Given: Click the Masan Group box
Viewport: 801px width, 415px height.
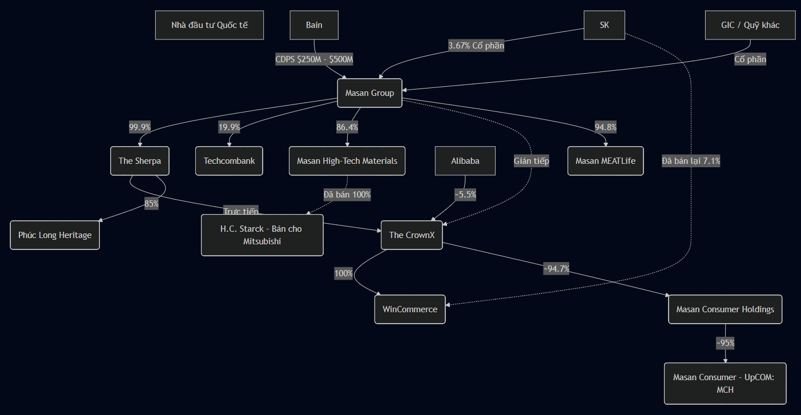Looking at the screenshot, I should click(369, 93).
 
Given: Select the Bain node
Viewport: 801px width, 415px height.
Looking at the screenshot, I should click(314, 25).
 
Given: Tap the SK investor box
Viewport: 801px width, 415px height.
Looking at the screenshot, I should click(604, 25).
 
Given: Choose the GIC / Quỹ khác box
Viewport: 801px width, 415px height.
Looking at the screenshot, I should click(750, 25).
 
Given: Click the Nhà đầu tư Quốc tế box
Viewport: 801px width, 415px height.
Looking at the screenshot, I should click(210, 25).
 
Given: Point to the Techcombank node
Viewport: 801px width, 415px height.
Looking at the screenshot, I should click(229, 161).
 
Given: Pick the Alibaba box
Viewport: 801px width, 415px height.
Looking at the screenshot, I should click(465, 161).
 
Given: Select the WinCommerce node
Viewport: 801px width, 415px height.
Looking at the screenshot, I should click(409, 309).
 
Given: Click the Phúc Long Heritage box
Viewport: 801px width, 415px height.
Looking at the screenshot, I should click(55, 235).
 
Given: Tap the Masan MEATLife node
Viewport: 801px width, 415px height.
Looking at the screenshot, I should click(605, 161).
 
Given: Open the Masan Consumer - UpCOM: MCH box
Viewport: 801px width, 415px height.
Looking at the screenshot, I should click(725, 384).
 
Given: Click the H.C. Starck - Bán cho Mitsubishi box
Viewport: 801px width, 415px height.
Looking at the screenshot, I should click(262, 235).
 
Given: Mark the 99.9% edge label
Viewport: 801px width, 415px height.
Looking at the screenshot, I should click(140, 127).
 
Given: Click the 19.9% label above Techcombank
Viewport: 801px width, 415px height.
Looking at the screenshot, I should click(229, 127).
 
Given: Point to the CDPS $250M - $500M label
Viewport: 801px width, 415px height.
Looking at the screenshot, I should click(314, 59).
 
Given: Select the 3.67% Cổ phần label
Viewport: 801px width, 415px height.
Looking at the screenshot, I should click(476, 46).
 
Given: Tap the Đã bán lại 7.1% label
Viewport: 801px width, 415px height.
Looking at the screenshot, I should click(691, 161).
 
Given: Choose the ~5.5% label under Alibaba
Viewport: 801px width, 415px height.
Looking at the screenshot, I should click(465, 195).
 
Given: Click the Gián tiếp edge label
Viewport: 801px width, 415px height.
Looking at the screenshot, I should click(531, 161).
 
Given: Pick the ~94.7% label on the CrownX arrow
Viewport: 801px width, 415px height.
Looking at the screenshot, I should click(556, 269).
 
